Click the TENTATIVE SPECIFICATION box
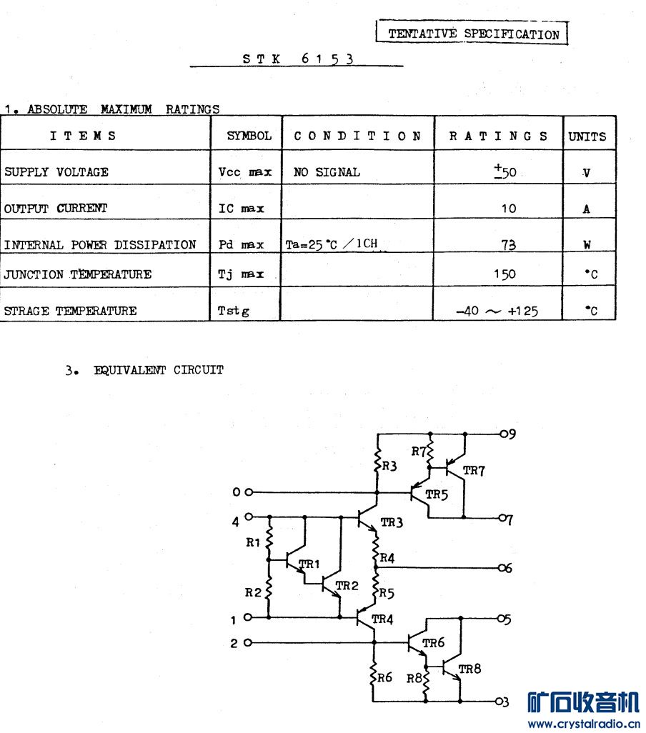pyautogui.click(x=472, y=34)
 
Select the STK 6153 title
pyautogui.click(x=297, y=59)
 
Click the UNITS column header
pyautogui.click(x=587, y=136)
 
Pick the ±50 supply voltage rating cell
pyautogui.click(x=505, y=171)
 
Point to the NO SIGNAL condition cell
pyautogui.click(x=327, y=172)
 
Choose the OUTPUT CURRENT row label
pyautogui.click(x=56, y=209)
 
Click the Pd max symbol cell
pyautogui.click(x=241, y=244)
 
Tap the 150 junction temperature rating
pyautogui.click(x=504, y=274)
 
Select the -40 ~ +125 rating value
pyautogui.click(x=497, y=311)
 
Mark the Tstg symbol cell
pyautogui.click(x=234, y=311)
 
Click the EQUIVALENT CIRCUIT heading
pyautogui.click(x=159, y=370)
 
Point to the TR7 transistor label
pyautogui.click(x=474, y=470)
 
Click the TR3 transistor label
pyautogui.click(x=392, y=522)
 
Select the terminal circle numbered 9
pyautogui.click(x=503, y=434)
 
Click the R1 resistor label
pyautogui.click(x=253, y=542)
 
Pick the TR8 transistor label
pyautogui.click(x=469, y=669)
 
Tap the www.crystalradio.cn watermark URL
pyautogui.click(x=583, y=724)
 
